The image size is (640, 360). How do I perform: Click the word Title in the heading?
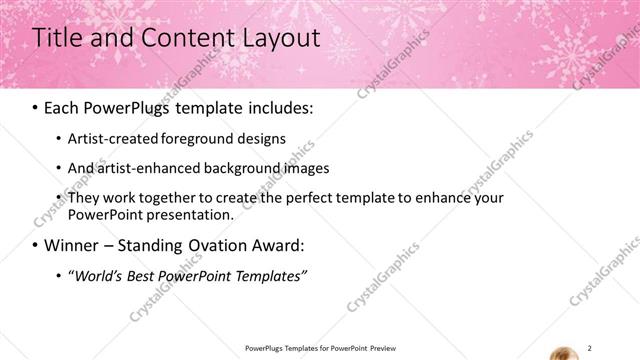(x=58, y=39)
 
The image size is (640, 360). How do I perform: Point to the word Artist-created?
(x=108, y=139)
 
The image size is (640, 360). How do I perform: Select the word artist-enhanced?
(x=144, y=168)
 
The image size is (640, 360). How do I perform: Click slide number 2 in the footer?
(x=590, y=347)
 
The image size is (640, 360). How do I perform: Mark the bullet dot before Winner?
(x=36, y=246)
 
